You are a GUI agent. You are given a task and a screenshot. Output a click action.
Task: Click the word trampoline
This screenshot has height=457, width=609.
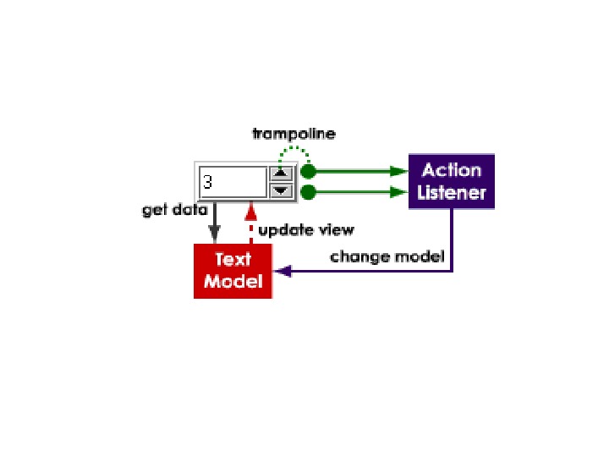(294, 134)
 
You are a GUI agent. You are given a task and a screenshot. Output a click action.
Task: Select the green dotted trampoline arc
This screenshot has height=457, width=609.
(294, 150)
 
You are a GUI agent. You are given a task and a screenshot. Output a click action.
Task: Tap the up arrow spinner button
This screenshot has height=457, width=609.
(282, 173)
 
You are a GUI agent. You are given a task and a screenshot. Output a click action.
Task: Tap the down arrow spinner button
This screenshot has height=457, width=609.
(282, 190)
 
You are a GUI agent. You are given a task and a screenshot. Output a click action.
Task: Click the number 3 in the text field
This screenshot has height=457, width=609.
(208, 182)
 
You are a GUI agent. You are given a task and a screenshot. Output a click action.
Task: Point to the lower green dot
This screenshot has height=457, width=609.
(309, 192)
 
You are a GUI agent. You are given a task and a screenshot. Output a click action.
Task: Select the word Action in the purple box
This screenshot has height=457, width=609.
(452, 170)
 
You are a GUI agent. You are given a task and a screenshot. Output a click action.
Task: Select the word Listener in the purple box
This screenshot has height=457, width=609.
(452, 193)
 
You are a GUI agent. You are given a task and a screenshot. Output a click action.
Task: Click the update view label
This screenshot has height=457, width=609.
(306, 229)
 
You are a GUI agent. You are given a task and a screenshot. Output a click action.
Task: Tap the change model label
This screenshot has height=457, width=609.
(387, 256)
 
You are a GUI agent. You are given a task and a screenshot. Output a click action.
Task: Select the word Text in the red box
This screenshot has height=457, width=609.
(233, 260)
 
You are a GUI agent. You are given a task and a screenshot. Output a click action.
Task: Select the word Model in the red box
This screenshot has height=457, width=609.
(233, 282)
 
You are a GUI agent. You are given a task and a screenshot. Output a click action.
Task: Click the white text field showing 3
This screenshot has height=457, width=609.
(233, 182)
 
